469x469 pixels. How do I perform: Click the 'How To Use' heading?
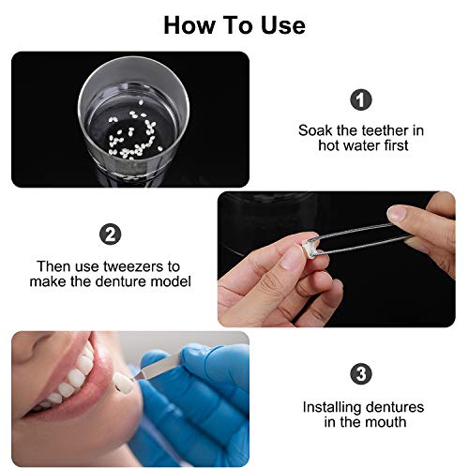click(x=234, y=24)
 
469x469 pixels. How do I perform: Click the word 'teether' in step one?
click(x=382, y=130)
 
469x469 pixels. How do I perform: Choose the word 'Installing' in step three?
click(x=333, y=407)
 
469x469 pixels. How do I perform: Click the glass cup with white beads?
click(x=130, y=122)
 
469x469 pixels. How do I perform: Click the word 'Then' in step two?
click(x=54, y=266)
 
